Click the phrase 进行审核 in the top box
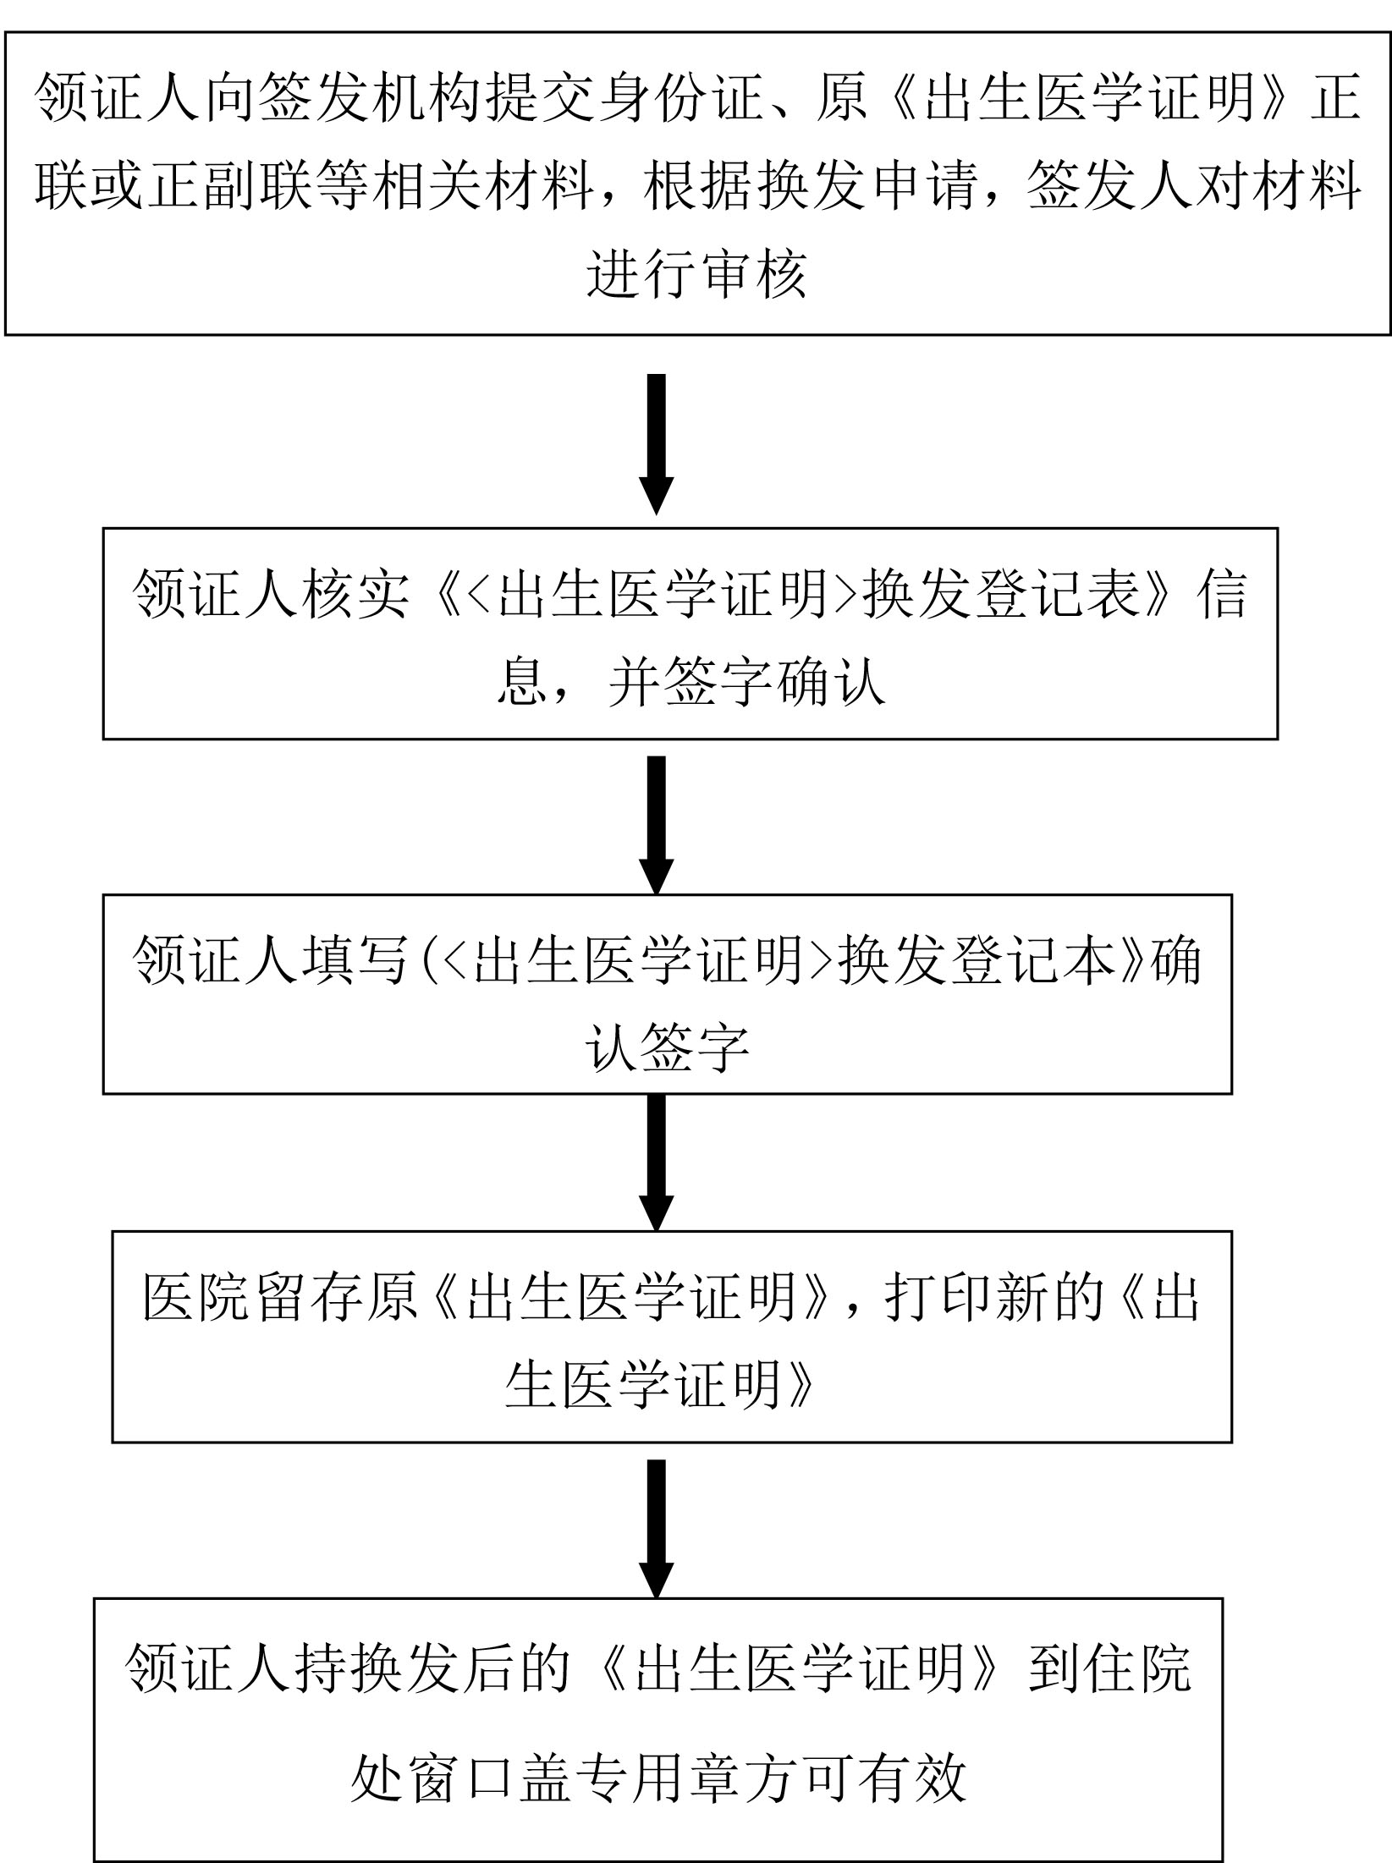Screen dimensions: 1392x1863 pyautogui.click(x=696, y=273)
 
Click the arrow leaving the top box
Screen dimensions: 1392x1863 pyautogui.click(x=656, y=444)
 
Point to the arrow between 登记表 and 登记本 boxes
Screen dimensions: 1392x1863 pyautogui.click(x=656, y=825)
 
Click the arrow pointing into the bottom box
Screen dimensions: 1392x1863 pyautogui.click(x=656, y=1529)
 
